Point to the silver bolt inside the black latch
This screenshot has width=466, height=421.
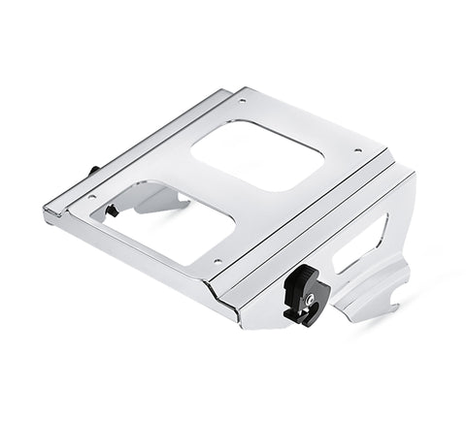[309, 301]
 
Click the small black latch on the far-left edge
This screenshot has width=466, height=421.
[94, 171]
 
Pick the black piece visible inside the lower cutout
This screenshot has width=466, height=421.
[113, 210]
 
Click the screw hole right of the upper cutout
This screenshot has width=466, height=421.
[357, 150]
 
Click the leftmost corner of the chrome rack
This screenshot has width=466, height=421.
[45, 212]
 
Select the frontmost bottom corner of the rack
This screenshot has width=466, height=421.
[237, 320]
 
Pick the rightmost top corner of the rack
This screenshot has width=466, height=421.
[413, 175]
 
